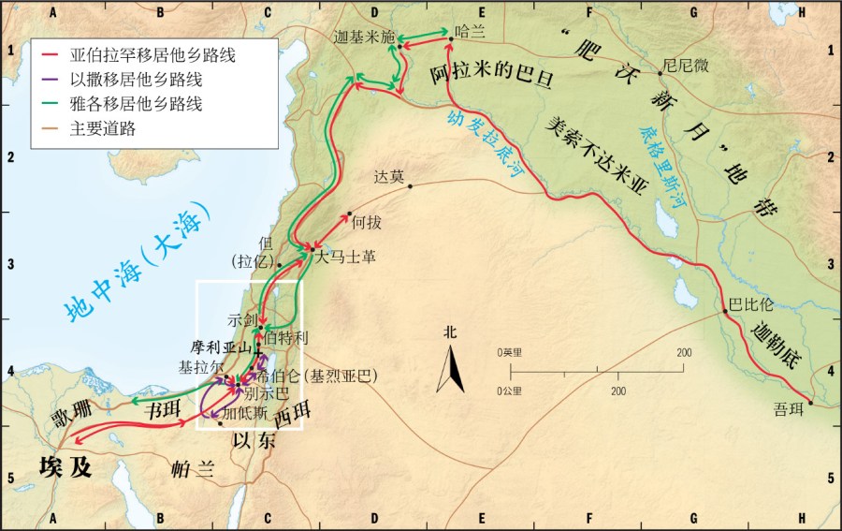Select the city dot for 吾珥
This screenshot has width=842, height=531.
[811, 403]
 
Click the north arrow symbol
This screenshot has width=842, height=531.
[450, 367]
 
